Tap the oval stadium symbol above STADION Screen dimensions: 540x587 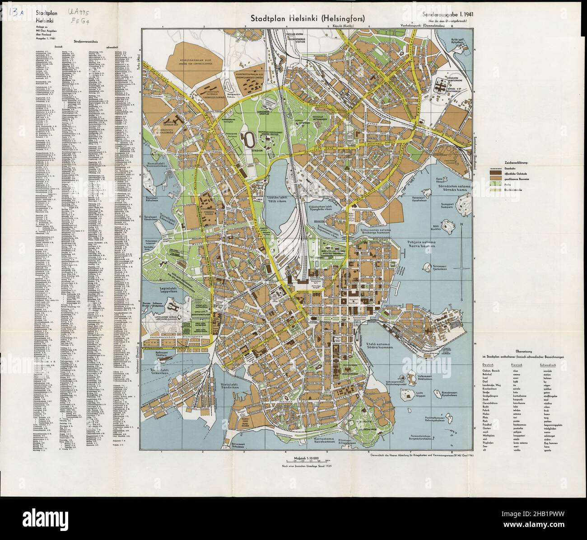[247, 137]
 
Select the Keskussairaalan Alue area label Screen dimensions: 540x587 [200, 61]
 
